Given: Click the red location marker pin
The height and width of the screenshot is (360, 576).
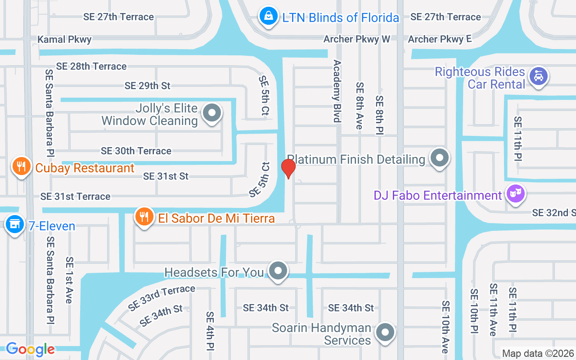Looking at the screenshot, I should [x=288, y=169].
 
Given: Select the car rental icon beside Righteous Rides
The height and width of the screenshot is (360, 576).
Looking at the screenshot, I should [x=538, y=76].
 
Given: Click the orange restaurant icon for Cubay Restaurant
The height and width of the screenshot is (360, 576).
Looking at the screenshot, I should [x=21, y=167].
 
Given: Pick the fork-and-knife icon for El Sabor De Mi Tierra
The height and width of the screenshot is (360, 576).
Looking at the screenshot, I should [x=144, y=217].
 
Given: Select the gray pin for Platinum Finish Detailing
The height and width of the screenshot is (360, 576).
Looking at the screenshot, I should [x=439, y=158].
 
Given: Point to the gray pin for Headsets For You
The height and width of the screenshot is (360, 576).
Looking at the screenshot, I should [x=278, y=271].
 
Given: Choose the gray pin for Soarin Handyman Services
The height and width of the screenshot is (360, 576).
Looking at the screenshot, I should [x=385, y=333].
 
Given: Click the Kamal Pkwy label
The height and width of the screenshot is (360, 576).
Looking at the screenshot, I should [x=64, y=40].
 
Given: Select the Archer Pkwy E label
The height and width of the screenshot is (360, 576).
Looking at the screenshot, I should [x=439, y=39].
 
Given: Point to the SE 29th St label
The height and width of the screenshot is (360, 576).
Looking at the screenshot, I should [x=148, y=85].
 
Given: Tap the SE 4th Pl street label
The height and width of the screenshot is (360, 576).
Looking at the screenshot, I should [x=210, y=331].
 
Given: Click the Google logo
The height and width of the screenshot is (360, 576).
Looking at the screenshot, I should [x=30, y=349].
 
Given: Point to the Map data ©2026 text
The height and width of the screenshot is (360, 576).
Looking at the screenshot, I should [x=537, y=354].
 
